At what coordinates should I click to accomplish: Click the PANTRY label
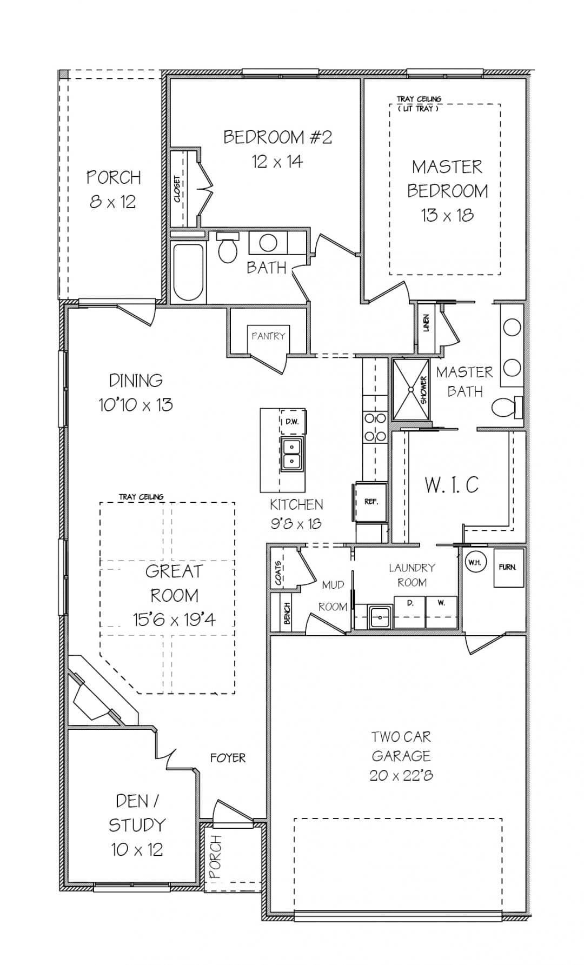point(268,336)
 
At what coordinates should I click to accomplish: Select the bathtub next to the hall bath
point(188,272)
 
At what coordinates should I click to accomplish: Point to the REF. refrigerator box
point(371,502)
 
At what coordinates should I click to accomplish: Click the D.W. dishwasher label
point(293,422)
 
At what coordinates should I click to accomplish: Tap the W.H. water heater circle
point(475,562)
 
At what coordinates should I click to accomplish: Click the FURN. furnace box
point(508,567)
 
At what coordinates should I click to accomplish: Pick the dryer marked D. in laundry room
point(410,611)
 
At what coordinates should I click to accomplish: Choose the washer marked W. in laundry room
point(441,611)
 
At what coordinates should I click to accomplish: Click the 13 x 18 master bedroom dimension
point(447,215)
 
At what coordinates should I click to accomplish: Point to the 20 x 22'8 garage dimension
point(401,775)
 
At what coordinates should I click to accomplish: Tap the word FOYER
point(228,758)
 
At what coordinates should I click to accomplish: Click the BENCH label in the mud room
point(287,613)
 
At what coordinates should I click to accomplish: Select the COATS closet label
point(278,573)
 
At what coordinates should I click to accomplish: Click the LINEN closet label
point(426,323)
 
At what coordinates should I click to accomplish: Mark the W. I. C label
point(452,485)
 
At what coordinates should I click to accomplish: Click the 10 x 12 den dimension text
point(137,849)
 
